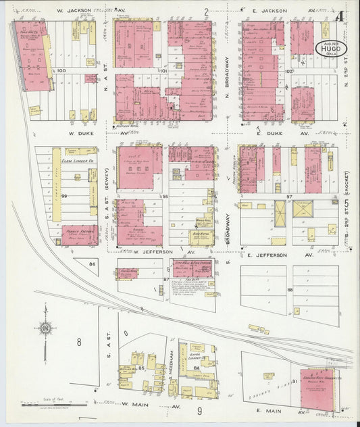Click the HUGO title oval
pos(328,49)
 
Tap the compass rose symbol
pos(45,329)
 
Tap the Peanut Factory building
pos(79,234)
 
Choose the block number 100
pos(62,70)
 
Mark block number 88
pos(290,290)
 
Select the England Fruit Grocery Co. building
pos(317,390)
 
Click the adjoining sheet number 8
pos(78,342)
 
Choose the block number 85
pos(141,368)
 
